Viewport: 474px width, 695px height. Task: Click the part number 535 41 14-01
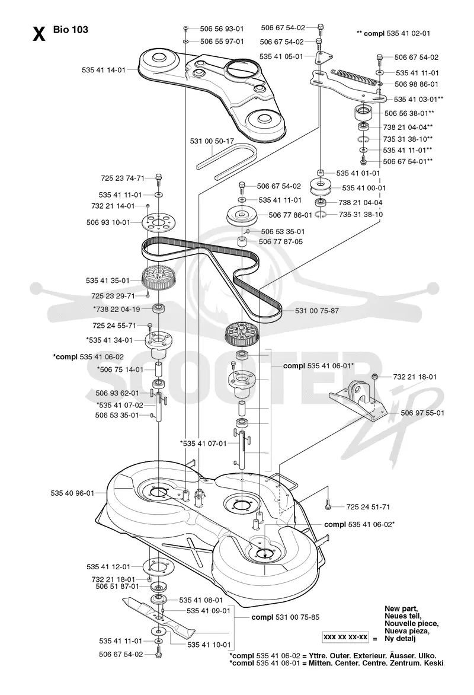[104, 70]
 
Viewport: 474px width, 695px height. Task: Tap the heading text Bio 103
[71, 30]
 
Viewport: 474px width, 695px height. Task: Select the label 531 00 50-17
[212, 141]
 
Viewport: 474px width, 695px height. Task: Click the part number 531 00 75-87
[317, 311]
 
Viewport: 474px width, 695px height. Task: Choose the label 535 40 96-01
[72, 493]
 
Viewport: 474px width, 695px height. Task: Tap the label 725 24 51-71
[368, 506]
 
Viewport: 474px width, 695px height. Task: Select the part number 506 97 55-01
[422, 413]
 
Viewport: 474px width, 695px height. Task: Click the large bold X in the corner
[39, 34]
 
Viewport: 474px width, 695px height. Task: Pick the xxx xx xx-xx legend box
[345, 637]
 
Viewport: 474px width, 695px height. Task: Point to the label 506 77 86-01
[290, 215]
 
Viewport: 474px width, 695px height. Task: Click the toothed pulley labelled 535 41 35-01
[155, 276]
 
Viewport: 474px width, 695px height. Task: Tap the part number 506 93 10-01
[108, 222]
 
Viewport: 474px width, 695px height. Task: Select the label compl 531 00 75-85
[285, 617]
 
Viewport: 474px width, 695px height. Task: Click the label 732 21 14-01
[113, 206]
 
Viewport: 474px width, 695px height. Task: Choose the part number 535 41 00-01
[364, 188]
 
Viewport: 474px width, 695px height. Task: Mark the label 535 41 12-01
[108, 566]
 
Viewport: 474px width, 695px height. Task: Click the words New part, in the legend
[401, 608]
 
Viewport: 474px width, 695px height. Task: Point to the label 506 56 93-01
[222, 29]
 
